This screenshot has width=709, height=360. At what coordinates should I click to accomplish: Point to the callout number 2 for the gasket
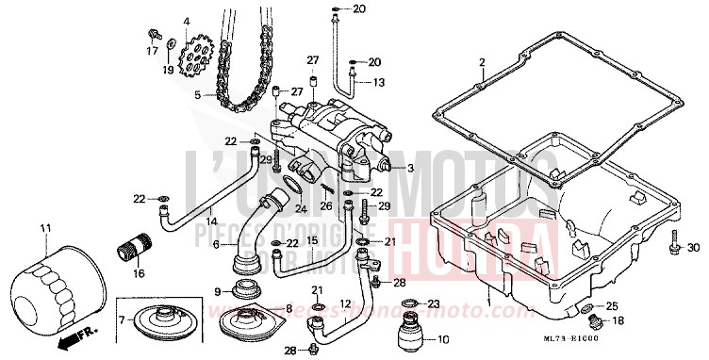481,63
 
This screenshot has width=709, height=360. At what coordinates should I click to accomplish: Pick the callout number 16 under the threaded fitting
140,274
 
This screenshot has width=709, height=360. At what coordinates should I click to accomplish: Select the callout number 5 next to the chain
198,94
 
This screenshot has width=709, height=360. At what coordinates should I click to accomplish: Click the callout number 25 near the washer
612,306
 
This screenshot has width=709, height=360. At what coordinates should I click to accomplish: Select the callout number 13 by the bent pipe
379,83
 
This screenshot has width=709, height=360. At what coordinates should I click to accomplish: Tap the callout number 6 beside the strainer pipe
215,245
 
